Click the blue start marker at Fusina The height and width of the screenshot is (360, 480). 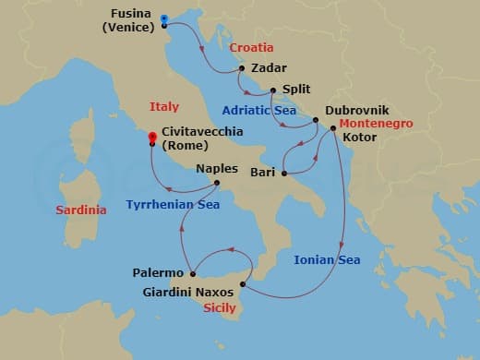click(163, 18)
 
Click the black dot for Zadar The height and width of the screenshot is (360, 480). click(241, 68)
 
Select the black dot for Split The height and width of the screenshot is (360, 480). click(272, 90)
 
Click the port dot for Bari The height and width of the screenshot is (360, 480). click(284, 173)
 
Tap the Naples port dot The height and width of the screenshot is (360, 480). click(217, 182)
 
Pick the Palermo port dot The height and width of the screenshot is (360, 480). click(192, 273)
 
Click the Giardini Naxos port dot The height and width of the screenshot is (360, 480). click(243, 284)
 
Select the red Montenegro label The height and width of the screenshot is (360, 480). click(373, 124)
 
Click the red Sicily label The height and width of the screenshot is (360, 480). click(220, 311)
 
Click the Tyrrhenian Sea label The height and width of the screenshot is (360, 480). click(173, 203)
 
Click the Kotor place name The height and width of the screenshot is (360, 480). click(361, 138)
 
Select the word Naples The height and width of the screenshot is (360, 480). click(217, 169)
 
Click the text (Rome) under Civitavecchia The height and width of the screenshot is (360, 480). click(185, 146)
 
